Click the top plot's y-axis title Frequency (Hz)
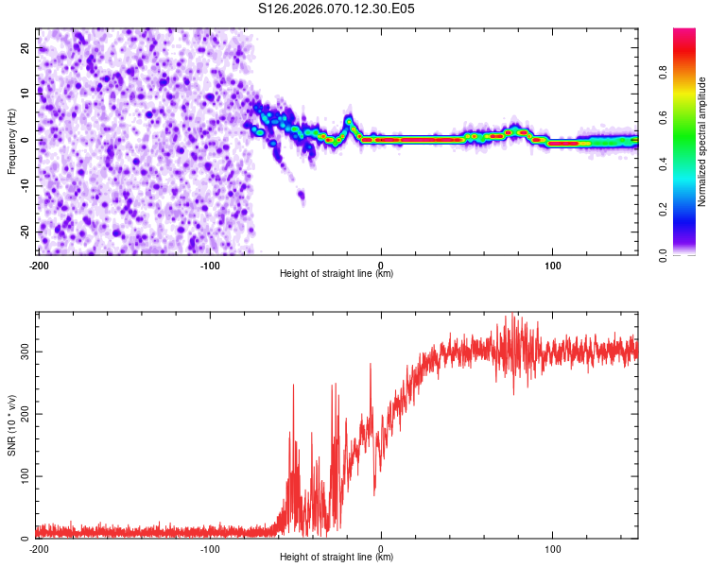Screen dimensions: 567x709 11,142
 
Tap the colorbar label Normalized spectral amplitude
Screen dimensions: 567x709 701,142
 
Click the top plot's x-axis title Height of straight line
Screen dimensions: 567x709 337,274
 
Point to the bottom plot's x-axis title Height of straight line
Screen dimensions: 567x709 337,558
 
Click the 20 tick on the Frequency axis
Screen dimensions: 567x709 26,47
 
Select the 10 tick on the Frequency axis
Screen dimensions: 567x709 26,94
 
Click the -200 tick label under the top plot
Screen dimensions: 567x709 39,265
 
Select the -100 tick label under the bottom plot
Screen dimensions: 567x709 210,548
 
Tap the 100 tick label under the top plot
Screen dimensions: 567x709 552,265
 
